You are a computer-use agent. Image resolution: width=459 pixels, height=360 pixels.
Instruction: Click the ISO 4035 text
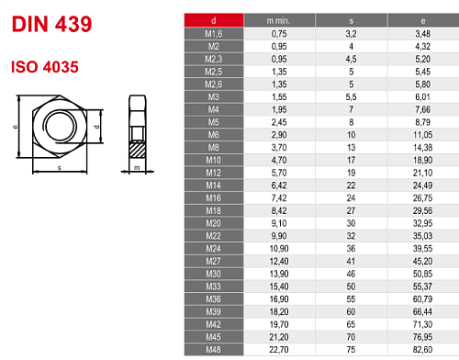tap(43, 67)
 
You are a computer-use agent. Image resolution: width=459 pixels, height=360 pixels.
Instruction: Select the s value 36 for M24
tap(349, 246)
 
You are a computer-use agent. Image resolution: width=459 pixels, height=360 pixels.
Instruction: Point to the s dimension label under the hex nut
tap(60, 169)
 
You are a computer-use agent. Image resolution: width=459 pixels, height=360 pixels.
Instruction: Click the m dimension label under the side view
tap(136, 169)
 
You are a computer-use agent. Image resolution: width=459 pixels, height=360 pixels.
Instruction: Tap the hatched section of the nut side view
tap(136, 146)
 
